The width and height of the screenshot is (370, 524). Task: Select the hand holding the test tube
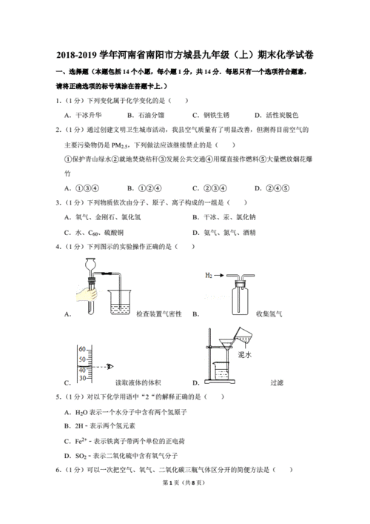[84, 295]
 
